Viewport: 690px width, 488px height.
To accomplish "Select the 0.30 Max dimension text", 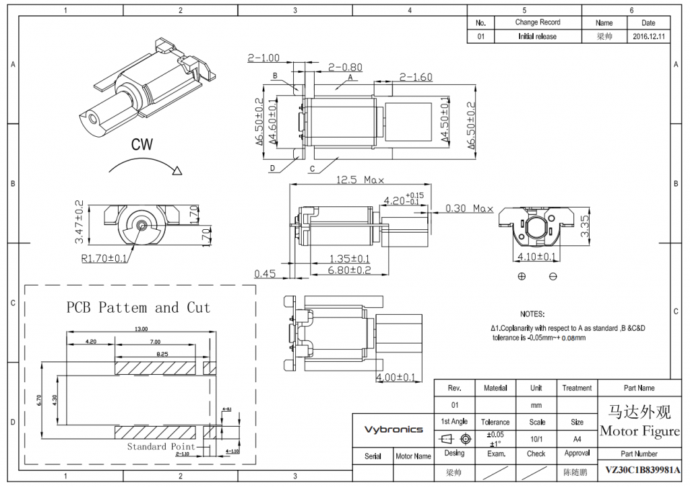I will pos(469,208).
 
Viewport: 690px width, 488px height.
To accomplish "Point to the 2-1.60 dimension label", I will pos(416,77).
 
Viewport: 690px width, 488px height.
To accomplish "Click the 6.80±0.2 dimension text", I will pos(350,270).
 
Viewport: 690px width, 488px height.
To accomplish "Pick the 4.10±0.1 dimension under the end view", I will pos(536,257).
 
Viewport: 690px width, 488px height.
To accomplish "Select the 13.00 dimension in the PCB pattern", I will pos(140,328).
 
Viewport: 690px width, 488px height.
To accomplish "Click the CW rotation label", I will pos(142,144).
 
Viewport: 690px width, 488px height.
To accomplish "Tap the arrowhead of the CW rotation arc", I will pos(178,171).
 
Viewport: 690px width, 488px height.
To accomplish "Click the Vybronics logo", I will pos(394,429).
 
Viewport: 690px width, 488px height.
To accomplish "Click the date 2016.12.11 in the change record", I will pos(648,36).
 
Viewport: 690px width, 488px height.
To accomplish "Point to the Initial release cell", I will pos(537,36).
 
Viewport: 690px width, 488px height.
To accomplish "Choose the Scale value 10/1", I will pos(537,438).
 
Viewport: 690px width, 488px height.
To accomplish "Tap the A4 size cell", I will pos(577,438).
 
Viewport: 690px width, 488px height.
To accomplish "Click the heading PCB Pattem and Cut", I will pos(138,308).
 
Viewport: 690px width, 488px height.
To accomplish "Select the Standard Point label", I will pos(161,446).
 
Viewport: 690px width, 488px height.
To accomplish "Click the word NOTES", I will pos(532,314).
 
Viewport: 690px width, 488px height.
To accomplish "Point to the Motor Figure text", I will pos(639,431).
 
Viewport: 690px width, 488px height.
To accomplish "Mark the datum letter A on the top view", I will pos(350,78).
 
